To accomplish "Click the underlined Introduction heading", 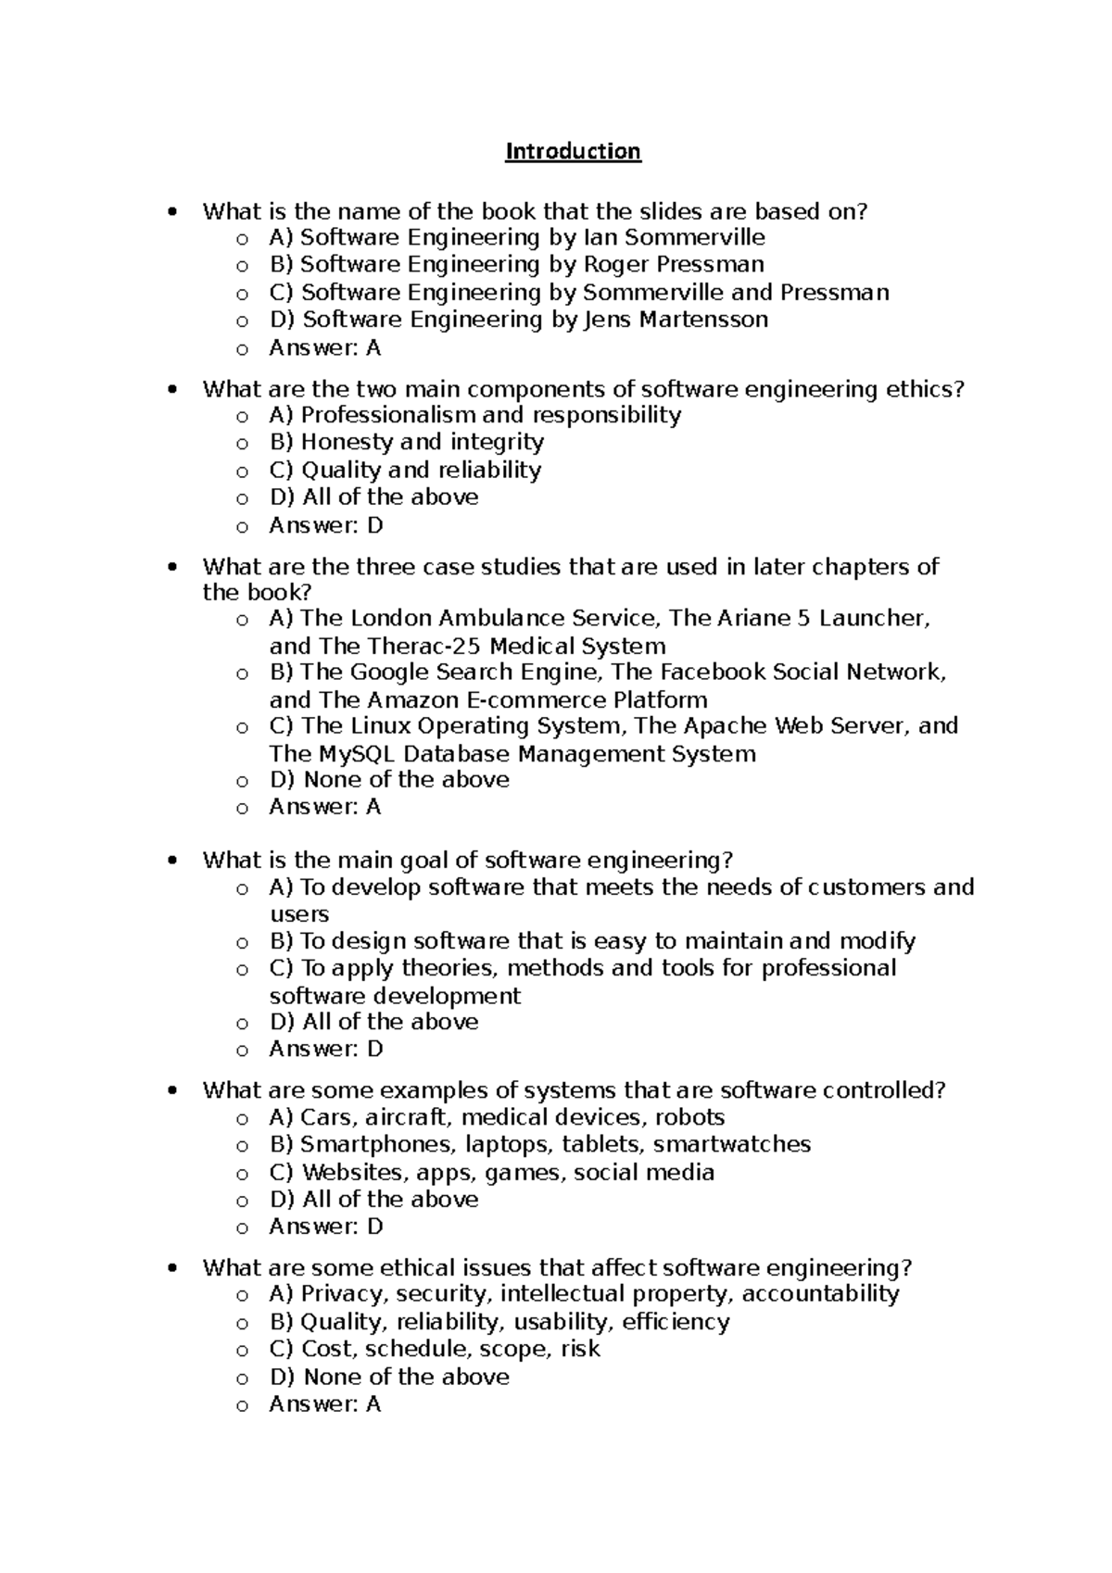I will [x=573, y=151].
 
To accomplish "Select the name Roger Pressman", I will [x=673, y=264].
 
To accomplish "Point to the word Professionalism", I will [x=388, y=415].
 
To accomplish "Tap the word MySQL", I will [x=358, y=754].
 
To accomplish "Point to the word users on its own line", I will [x=298, y=914].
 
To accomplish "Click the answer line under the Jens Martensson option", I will [x=324, y=348].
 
